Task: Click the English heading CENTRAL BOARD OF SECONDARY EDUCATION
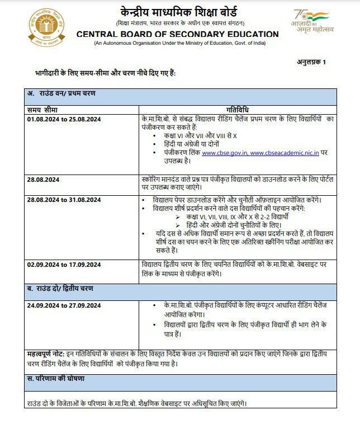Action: pos(177,34)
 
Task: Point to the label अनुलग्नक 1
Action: pos(311,62)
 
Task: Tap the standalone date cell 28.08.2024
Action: pos(44,180)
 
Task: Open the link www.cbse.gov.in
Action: pos(225,153)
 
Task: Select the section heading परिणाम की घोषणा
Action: pos(56,379)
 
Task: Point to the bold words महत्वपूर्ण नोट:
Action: pos(46,355)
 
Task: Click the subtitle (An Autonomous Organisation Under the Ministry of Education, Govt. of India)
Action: pos(177,43)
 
